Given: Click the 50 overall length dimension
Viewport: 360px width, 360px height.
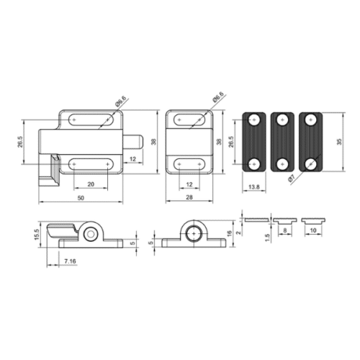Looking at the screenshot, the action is (x=81, y=198).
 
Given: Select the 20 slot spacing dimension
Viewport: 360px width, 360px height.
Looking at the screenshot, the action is (x=91, y=184).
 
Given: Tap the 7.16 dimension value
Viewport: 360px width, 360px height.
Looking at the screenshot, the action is (x=70, y=261).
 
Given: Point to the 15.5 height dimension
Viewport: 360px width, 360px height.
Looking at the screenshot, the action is (x=37, y=235).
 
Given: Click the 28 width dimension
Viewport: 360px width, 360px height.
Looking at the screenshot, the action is (x=189, y=197).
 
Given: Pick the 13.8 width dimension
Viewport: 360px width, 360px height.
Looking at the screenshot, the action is (x=254, y=186).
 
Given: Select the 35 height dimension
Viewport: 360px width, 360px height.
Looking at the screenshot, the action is (x=339, y=142).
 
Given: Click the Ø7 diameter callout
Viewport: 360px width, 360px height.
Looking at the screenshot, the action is (x=292, y=179).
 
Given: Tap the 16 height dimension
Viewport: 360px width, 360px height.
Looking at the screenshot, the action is (x=229, y=233).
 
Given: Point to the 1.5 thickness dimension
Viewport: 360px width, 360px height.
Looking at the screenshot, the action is (x=268, y=238).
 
